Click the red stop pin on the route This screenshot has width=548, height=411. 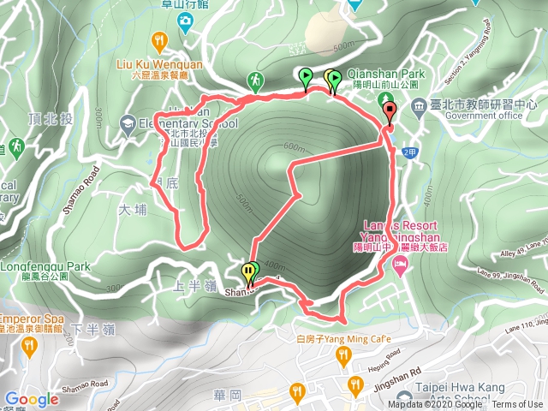click(x=389, y=111)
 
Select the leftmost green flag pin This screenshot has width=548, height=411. click(x=305, y=78)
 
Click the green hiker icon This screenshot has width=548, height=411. click(x=254, y=81)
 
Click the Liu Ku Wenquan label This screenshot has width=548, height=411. click(x=159, y=63)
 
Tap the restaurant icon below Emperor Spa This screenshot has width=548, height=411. click(x=30, y=347)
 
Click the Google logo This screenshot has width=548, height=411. click(x=32, y=399)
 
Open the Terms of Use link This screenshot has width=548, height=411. click(x=517, y=405)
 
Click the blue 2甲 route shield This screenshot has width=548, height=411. click(x=408, y=152)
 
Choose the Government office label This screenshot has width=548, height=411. click(x=471, y=116)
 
